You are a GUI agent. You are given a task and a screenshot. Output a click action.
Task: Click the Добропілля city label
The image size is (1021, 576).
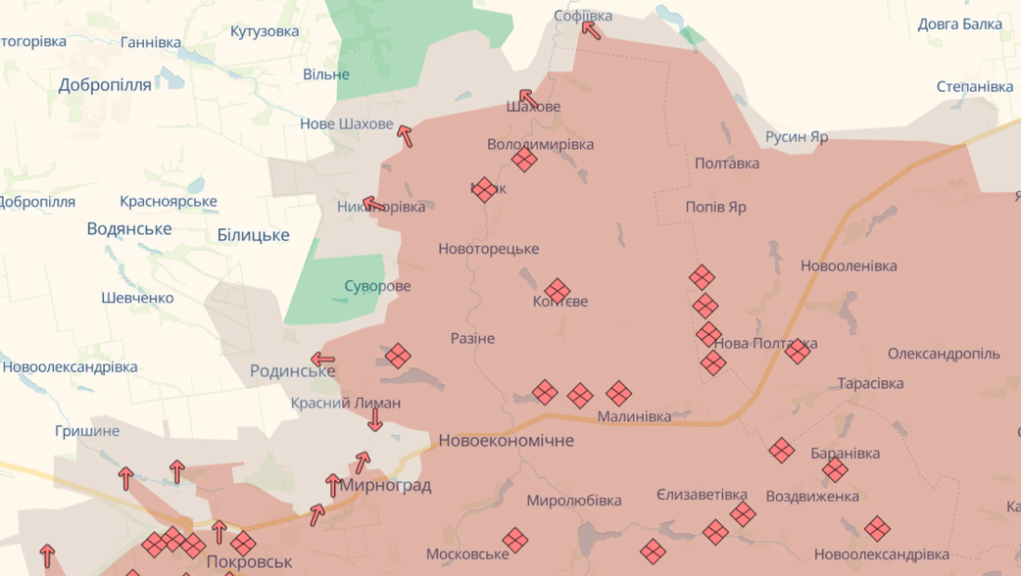coord(104,85)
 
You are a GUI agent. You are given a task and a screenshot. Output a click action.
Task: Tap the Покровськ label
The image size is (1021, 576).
coord(250,561)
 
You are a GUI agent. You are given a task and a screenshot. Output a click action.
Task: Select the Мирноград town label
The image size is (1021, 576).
coord(385,485)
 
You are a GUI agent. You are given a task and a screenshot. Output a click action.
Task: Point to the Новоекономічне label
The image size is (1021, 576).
coord(506,441)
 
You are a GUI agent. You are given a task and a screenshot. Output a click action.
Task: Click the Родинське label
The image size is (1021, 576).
coord(292,371)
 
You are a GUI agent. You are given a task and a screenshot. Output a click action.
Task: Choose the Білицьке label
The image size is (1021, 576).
coord(253,235)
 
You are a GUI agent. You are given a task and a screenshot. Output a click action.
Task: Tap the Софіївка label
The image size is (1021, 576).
coord(583,16)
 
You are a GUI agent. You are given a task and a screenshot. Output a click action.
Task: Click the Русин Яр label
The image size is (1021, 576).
coord(796,137)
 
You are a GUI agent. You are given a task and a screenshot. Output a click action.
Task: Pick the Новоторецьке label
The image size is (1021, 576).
coord(488,249)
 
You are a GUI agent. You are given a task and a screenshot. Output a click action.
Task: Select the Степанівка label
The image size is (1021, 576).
coord(975,86)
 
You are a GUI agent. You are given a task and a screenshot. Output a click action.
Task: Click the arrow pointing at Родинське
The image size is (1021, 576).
coord(323,359)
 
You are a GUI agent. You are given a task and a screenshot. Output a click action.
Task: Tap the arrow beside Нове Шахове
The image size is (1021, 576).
coord(405,136)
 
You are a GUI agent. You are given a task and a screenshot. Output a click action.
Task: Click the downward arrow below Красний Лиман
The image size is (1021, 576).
coord(375,419)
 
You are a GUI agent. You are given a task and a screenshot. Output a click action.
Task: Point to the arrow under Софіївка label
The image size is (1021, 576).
coord(591,30)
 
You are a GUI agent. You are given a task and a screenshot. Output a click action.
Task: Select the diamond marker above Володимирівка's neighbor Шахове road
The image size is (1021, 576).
coord(524,160)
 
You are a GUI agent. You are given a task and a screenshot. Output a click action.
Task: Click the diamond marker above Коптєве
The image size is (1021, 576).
coord(557,290)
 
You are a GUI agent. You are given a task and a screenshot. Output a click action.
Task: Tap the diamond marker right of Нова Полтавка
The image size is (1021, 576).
coord(797,351)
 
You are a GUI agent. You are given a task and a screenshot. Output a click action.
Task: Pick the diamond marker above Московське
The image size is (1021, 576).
coord(515,539)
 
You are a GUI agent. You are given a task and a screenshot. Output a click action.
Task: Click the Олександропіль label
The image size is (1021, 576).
coord(944,353)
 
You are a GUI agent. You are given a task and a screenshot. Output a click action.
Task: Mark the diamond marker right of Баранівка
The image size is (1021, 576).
coord(835,469)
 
